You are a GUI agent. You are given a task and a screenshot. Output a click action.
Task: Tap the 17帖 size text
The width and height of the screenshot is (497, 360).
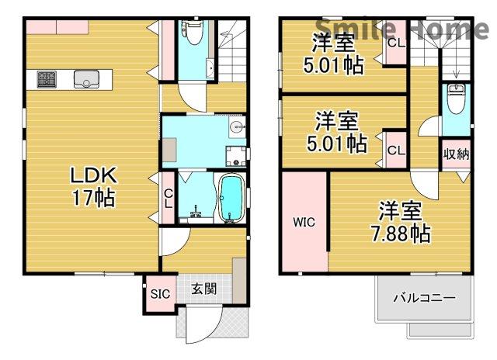(x=93, y=198)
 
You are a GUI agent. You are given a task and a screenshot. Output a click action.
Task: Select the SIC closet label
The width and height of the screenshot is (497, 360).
(x=159, y=293)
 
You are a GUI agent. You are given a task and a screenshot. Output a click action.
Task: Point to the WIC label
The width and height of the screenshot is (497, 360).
(x=303, y=223)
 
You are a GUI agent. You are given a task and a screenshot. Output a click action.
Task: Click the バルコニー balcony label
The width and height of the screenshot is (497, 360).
(x=423, y=297)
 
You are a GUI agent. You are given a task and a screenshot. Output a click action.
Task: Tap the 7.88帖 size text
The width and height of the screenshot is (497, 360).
(x=400, y=231)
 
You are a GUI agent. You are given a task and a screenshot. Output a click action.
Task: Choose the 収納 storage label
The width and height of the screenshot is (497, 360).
(x=456, y=154)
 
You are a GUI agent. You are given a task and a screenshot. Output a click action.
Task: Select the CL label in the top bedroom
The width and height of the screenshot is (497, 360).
(x=395, y=43)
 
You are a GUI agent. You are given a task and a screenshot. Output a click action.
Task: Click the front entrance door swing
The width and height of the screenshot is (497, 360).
(x=198, y=326)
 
